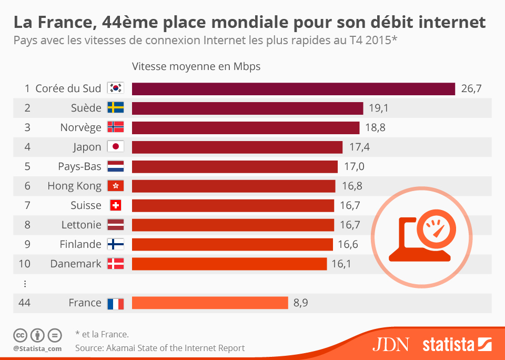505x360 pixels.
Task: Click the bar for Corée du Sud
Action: pyautogui.click(x=293, y=88)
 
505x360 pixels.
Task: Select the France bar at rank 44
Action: pyautogui.click(x=210, y=303)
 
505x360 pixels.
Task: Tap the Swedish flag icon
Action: pyautogui.click(x=115, y=108)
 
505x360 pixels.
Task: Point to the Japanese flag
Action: pyautogui.click(x=115, y=147)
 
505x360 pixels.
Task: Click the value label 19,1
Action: pyautogui.click(x=378, y=108)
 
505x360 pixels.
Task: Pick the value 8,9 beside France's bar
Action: pyautogui.click(x=300, y=303)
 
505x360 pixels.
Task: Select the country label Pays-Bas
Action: pyautogui.click(x=79, y=166)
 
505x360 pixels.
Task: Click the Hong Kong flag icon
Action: pyautogui.click(x=115, y=186)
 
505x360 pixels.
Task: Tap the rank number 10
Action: pyautogui.click(x=24, y=264)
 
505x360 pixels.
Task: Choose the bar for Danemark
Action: pyautogui.click(x=229, y=264)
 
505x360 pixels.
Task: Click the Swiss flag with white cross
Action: pyautogui.click(x=115, y=205)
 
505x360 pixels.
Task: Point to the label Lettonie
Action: pyautogui.click(x=81, y=225)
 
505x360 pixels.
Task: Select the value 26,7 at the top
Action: pyautogui.click(x=471, y=88)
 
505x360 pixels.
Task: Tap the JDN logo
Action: pyautogui.click(x=390, y=345)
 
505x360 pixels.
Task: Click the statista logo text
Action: pyautogui.click(x=448, y=345)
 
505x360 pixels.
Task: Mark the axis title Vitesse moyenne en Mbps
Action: pyautogui.click(x=196, y=66)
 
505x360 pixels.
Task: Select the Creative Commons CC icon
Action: pyautogui.click(x=21, y=335)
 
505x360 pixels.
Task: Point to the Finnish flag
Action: pyautogui.click(x=115, y=244)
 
